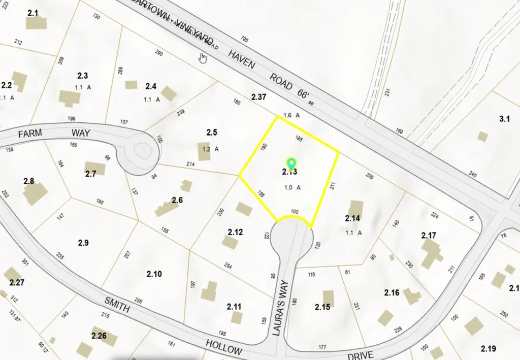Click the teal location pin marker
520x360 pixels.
coord(291,163)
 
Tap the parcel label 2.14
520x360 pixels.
coord(352,218)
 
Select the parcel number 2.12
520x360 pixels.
coord(235,232)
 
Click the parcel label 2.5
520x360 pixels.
coord(212,133)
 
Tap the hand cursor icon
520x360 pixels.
coord(203,58)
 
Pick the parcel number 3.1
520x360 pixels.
coord(504,119)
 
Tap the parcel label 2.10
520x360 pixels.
coord(154,274)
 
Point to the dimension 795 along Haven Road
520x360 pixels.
coord(245,39)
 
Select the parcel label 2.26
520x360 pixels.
coord(99,336)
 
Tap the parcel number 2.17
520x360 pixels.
coord(429,236)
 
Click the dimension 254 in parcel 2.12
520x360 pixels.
coord(228,266)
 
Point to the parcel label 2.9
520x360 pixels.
coord(83,243)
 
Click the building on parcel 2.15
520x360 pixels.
coord(329,299)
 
